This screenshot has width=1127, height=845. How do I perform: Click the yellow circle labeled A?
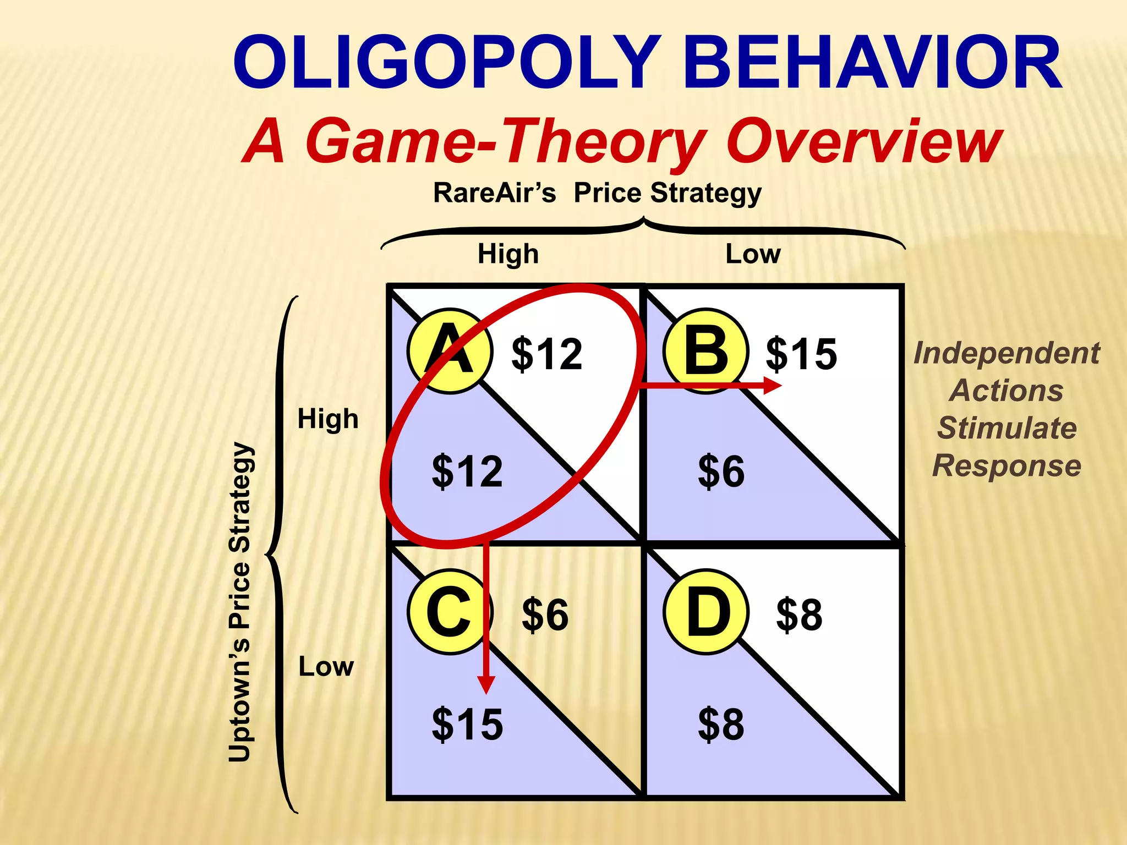[x=450, y=350]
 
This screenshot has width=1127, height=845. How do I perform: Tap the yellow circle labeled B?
[x=706, y=350]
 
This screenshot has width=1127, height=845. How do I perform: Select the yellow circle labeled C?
[x=450, y=612]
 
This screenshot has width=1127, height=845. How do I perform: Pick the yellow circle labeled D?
[x=706, y=612]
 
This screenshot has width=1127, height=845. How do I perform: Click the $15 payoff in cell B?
[x=801, y=353]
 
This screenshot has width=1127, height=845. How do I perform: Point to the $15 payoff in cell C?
[x=467, y=725]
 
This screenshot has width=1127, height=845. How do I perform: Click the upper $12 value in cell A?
[x=546, y=353]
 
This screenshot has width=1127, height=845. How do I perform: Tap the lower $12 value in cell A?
[x=467, y=471]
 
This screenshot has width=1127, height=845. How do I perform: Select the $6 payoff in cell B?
[x=721, y=471]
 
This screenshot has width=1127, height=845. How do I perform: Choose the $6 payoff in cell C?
[x=545, y=614]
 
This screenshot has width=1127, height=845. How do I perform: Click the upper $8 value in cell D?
[x=799, y=614]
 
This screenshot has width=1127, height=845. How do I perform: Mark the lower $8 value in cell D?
[x=721, y=725]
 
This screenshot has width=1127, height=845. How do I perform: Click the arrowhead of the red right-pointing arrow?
[x=773, y=385]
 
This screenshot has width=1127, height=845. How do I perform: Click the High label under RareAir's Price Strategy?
[x=508, y=254]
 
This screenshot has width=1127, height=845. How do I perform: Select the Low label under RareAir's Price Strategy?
[x=753, y=254]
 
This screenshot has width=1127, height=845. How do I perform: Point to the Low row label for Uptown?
[x=326, y=667]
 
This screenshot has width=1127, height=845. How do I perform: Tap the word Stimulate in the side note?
[x=1007, y=428]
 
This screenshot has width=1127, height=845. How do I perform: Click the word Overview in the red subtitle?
[x=864, y=141]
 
